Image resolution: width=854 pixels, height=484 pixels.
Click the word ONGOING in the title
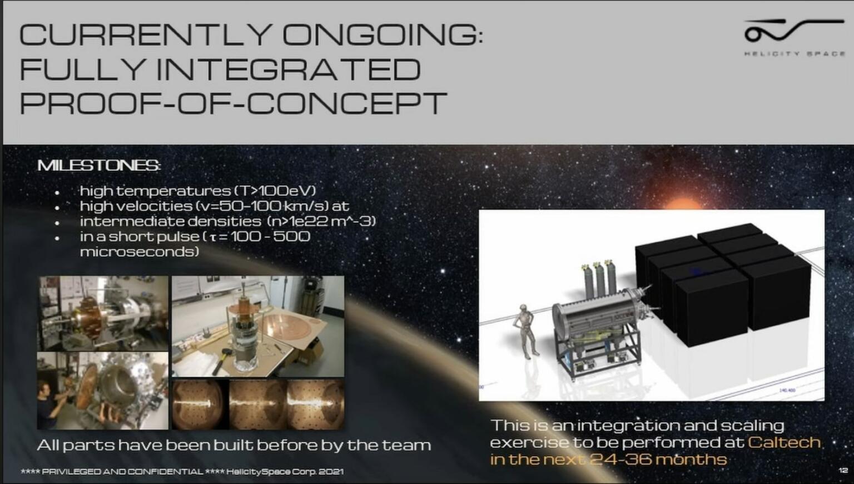(x=383, y=34)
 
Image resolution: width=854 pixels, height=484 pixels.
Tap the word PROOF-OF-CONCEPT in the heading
(x=233, y=103)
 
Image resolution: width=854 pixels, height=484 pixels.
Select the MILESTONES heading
(x=99, y=165)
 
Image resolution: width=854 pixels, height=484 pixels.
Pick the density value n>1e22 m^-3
(x=321, y=221)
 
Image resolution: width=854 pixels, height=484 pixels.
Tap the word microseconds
(x=140, y=251)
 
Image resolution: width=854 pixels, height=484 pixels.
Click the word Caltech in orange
(x=784, y=442)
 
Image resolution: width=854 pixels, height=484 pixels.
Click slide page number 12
(x=843, y=471)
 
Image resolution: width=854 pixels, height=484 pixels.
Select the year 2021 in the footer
(x=331, y=472)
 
